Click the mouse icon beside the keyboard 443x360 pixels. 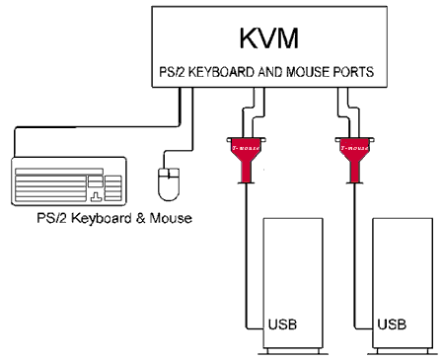pyautogui.click(x=167, y=183)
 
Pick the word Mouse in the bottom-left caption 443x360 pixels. pyautogui.click(x=170, y=219)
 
